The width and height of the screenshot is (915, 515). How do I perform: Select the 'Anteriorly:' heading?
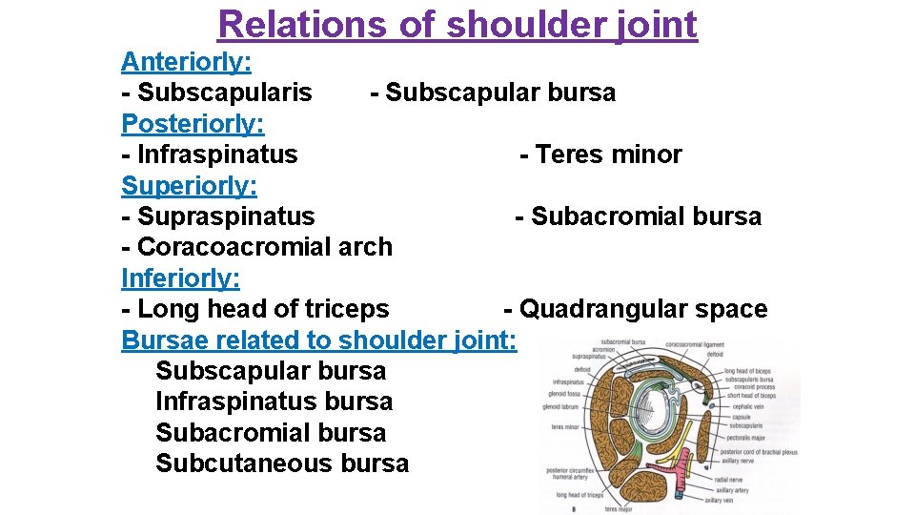pos(186,62)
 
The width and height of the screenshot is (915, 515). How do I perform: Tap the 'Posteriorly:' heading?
pos(193,123)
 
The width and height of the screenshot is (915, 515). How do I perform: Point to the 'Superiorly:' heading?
pos(189,185)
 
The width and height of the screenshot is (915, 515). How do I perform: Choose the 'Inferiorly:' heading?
pos(180,278)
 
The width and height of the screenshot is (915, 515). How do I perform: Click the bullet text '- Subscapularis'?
pos(216,93)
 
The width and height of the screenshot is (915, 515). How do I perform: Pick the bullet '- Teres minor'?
pos(600,154)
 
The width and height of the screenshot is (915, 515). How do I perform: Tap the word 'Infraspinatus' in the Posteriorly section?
pos(217,154)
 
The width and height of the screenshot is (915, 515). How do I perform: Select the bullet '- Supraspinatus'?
pos(218,216)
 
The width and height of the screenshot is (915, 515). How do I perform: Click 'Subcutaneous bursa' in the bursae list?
pos(281,463)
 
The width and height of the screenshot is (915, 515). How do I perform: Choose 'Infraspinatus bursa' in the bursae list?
pos(274,402)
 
